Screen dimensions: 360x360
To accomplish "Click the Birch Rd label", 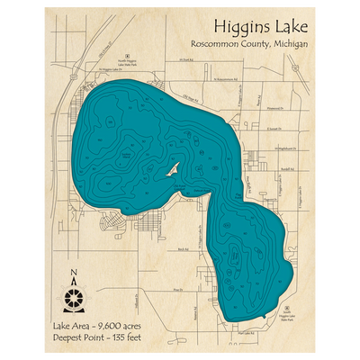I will click(x=183, y=248).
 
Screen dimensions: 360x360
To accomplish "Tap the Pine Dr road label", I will click(x=177, y=289).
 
